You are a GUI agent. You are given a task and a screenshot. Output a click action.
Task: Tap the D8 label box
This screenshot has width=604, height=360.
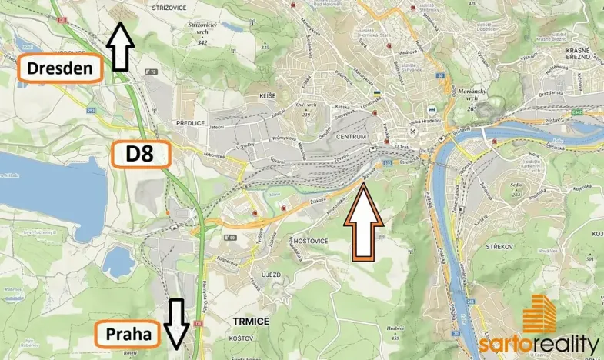pyautogui.click(x=141, y=154)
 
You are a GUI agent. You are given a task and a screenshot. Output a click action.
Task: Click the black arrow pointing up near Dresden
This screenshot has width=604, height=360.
pyautogui.click(x=119, y=46)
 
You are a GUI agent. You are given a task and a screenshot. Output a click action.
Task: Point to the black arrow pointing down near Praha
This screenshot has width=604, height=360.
pyautogui.click(x=177, y=323)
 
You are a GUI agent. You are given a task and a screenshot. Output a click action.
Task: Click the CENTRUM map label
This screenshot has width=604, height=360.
pyautogui.click(x=352, y=137)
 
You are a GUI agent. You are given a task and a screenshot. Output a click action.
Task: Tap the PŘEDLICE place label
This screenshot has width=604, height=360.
pyautogui.click(x=190, y=122)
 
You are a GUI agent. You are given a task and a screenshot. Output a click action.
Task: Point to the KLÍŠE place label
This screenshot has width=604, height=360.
pyautogui.click(x=268, y=95)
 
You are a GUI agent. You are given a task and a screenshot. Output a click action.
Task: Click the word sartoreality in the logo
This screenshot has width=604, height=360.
pyautogui.click(x=539, y=344)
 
